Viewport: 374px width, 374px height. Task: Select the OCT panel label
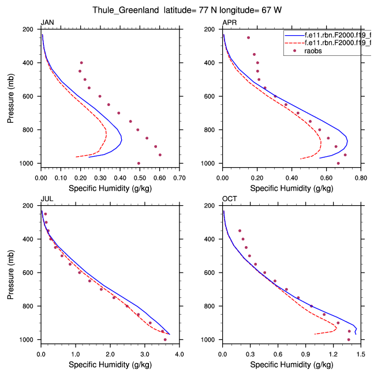click(x=229, y=199)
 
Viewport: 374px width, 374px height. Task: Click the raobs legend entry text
click(x=314, y=51)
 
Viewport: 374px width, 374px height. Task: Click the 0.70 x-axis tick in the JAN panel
click(x=179, y=178)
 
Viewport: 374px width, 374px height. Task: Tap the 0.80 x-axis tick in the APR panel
click(x=361, y=178)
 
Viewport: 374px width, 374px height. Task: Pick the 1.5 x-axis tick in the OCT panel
click(x=361, y=355)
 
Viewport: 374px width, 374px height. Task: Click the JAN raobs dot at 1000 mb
click(x=139, y=164)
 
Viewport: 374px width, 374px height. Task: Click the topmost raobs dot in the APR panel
click(x=248, y=38)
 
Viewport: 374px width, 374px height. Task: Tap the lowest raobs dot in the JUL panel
click(x=165, y=339)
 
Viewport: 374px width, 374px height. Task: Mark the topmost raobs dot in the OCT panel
click(x=240, y=231)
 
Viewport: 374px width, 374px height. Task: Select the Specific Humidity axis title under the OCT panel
click(x=291, y=365)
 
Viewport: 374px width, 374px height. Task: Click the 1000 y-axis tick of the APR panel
click(x=210, y=164)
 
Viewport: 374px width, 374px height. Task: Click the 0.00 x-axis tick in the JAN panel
click(x=40, y=178)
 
